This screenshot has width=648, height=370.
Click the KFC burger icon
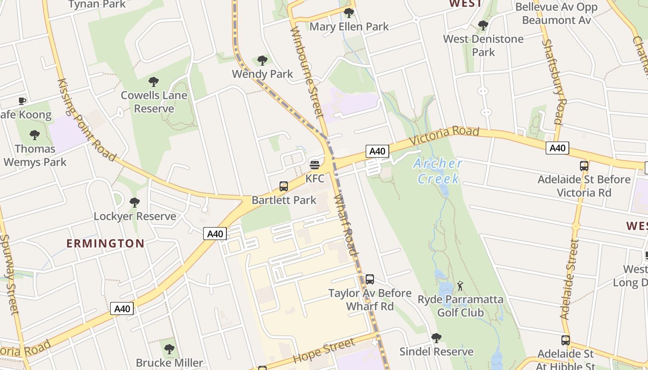(315, 165)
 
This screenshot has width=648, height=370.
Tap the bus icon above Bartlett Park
(284, 186)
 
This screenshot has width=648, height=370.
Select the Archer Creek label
(438, 171)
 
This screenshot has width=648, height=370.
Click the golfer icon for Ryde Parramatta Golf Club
(460, 286)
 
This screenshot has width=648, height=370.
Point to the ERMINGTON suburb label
(106, 243)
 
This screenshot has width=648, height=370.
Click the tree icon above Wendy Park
(262, 61)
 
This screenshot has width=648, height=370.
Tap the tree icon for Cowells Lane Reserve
(154, 82)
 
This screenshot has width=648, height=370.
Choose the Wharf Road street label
(346, 225)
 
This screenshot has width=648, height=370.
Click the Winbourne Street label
(306, 72)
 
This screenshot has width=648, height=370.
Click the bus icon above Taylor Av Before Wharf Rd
(369, 279)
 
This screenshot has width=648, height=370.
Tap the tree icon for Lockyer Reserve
(135, 203)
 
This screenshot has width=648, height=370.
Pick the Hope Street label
(324, 350)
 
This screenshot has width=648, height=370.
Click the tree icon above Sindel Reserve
(436, 338)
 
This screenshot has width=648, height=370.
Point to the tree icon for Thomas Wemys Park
(35, 135)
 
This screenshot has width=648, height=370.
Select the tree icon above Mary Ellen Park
(349, 13)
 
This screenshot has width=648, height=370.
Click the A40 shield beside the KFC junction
(377, 151)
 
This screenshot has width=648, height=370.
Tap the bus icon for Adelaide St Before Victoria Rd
(584, 166)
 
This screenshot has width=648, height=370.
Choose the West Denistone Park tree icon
(483, 25)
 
